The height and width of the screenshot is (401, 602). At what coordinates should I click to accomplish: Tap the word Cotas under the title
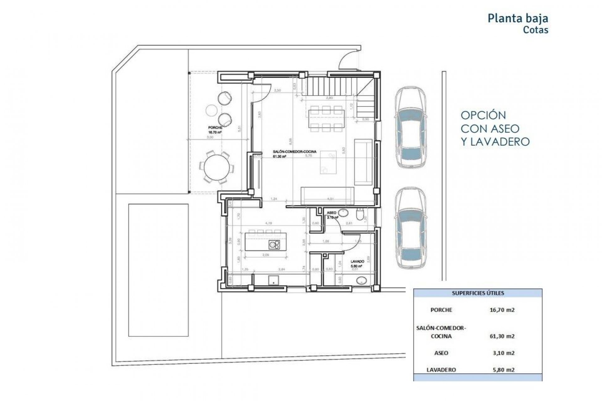coord(536,30)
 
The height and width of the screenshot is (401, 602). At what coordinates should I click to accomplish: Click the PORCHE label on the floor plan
coord(215,128)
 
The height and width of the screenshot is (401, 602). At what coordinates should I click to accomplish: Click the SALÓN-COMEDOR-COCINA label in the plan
coord(294,152)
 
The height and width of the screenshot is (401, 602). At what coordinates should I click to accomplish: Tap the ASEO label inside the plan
coord(331,213)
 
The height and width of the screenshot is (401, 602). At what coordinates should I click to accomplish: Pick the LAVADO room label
coord(357,261)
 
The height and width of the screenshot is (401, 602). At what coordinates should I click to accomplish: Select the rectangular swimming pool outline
coord(158,270)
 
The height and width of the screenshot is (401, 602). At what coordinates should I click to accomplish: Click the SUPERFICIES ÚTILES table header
coord(478,293)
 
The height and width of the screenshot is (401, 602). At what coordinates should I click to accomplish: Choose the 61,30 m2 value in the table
coord(502,336)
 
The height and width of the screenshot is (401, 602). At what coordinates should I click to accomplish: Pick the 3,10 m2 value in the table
coord(503,353)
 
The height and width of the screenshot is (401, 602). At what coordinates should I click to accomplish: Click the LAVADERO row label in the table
coord(441,370)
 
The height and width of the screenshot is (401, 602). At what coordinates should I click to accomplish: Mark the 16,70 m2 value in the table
coord(502,310)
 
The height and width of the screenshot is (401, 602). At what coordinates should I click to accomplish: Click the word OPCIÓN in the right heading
coord(483,115)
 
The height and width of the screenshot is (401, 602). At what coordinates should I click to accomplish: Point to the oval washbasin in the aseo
coord(343,213)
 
